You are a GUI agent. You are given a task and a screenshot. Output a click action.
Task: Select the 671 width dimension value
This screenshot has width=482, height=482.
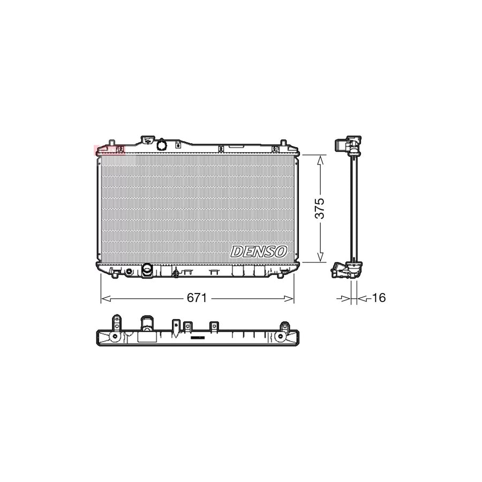(x=197, y=298)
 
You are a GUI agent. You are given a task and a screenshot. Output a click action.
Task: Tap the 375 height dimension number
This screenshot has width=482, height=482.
(x=320, y=209)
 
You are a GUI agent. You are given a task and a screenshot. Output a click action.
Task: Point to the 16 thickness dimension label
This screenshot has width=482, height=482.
(x=378, y=298)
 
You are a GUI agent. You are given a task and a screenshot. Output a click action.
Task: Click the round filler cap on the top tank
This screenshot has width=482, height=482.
(x=162, y=145)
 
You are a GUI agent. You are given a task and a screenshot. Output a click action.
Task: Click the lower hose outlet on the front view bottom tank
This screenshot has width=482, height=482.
(x=147, y=270)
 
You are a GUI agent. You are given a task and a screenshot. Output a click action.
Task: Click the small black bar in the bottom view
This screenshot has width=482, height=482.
(x=198, y=338)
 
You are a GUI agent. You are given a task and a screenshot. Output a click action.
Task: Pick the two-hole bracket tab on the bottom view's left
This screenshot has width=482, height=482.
(x=115, y=322)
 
